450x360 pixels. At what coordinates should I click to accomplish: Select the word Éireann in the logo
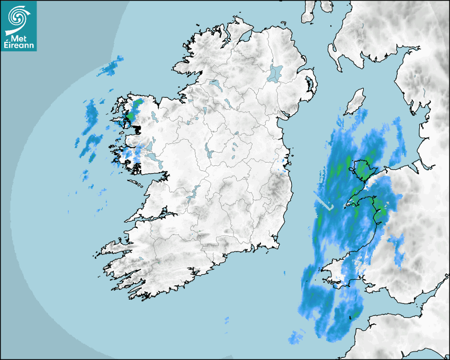point(18,46)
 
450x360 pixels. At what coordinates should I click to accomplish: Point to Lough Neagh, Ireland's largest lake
point(275,73)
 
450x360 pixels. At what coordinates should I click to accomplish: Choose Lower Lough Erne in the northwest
point(215,84)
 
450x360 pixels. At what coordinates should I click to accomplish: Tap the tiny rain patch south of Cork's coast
point(227,320)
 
